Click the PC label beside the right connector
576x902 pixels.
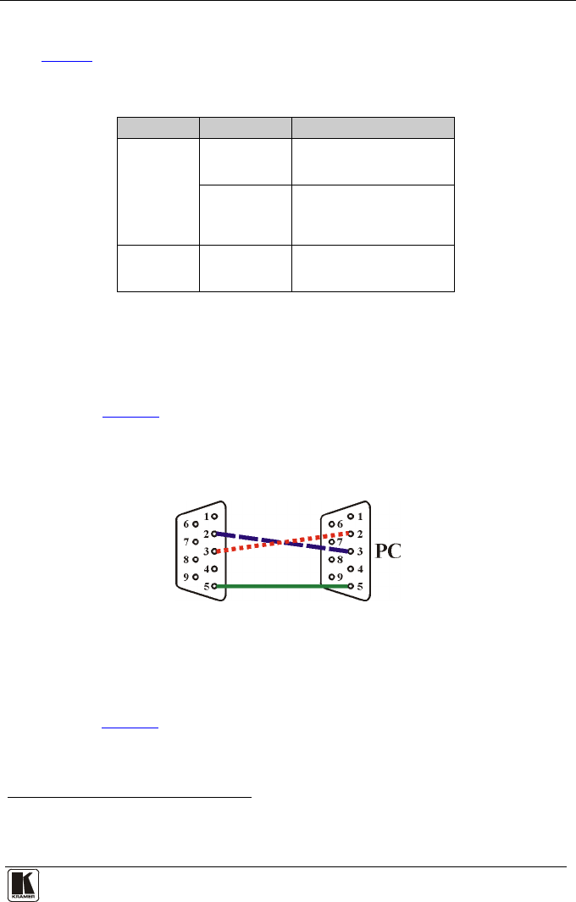click(388, 551)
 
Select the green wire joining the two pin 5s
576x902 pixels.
click(282, 586)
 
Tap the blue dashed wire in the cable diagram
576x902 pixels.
click(282, 542)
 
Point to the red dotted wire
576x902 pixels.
click(282, 542)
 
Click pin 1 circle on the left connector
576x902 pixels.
click(214, 517)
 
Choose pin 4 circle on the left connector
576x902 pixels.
click(214, 569)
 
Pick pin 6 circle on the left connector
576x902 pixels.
click(196, 524)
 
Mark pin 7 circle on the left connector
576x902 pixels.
click(196, 542)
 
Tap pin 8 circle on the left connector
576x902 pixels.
click(196, 559)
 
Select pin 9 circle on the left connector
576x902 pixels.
click(196, 577)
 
